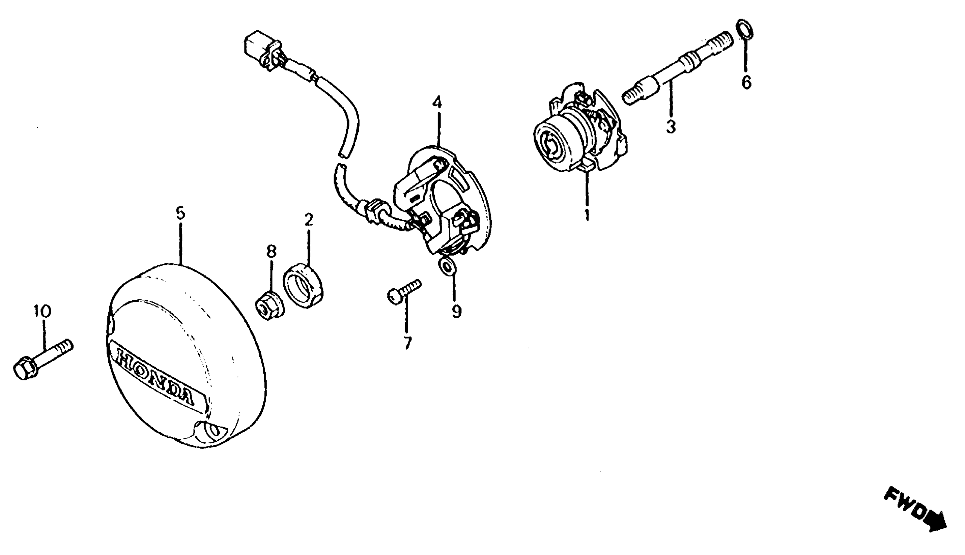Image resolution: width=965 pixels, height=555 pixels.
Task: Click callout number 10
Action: [42, 311]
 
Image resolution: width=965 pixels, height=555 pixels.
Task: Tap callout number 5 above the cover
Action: [180, 213]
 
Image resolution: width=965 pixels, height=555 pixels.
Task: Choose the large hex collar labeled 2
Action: [303, 290]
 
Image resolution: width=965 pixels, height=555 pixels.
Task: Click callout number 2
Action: [309, 220]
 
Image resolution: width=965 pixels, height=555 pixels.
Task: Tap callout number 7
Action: [408, 343]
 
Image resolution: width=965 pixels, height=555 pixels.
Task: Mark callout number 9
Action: [457, 311]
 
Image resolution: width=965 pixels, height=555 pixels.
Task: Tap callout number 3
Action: [671, 126]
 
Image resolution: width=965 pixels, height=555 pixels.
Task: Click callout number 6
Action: [746, 82]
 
